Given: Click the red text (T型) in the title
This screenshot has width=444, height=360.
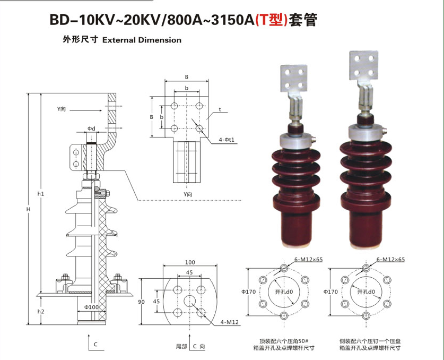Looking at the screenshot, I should [272, 20].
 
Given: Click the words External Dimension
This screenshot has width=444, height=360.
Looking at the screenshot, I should [142, 40].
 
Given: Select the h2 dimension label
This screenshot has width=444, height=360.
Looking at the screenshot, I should [41, 311].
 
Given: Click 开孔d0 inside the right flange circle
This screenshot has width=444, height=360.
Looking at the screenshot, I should [365, 292].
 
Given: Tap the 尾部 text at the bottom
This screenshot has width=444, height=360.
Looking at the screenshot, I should [182, 346].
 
